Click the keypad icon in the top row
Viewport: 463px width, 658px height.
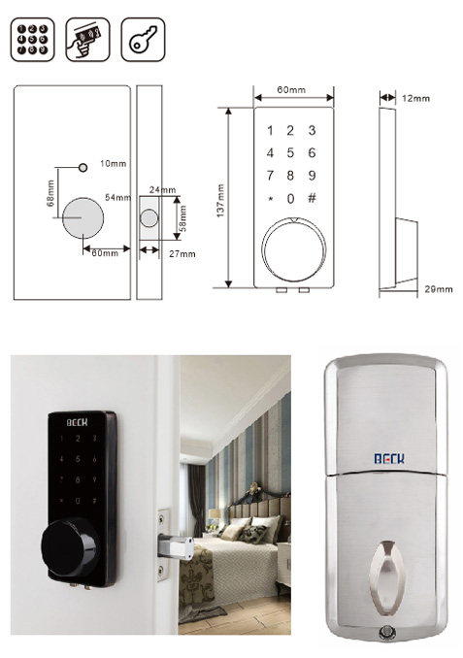coord(32,40)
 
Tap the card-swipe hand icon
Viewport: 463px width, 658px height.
coord(87,40)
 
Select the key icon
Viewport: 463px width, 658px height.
coord(143,40)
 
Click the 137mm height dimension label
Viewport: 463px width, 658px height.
coord(220,201)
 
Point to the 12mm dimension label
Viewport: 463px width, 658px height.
coord(415,98)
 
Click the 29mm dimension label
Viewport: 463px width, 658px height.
coord(439,289)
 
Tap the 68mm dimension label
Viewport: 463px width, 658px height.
coord(50,193)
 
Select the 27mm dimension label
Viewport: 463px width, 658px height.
coord(182,254)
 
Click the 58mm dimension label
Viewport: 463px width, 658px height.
coord(183,218)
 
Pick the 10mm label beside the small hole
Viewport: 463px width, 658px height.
coord(113,163)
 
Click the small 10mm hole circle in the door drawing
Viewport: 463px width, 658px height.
coord(83,168)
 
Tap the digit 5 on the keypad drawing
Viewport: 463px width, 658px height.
coord(290,152)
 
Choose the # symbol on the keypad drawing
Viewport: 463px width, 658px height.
coord(312,198)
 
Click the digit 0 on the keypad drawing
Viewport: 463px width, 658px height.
coord(290,199)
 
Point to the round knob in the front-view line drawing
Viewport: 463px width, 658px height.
coord(294,249)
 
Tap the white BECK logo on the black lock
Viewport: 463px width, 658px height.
coord(78,422)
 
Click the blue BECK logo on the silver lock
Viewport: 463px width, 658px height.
coord(389,458)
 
